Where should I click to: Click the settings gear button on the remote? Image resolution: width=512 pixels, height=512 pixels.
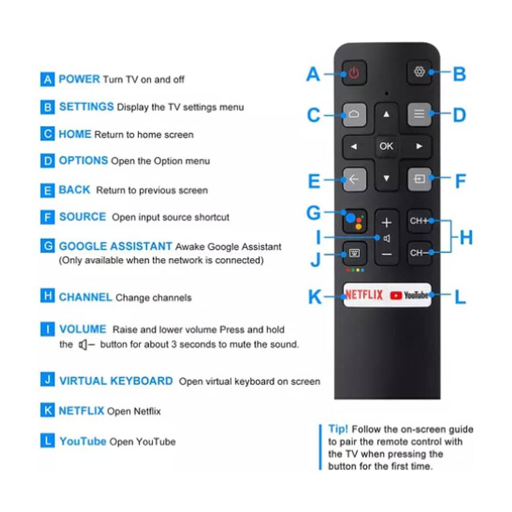(x=419, y=72)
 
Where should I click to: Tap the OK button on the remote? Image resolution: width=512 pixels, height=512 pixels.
(x=386, y=146)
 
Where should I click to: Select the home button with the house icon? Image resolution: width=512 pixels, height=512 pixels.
(x=354, y=115)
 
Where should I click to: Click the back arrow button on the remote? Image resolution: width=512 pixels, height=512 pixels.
(x=354, y=179)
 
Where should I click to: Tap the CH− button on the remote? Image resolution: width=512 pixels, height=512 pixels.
(x=419, y=253)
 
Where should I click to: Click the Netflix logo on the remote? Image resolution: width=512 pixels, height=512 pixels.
(x=364, y=295)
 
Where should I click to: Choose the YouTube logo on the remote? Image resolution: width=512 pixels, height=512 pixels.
(x=409, y=295)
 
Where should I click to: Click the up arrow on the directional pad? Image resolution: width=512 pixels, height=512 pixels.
(x=387, y=115)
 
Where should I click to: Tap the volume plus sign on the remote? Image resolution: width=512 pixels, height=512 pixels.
(x=387, y=223)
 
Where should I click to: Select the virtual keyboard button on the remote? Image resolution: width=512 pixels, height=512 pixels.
(x=354, y=253)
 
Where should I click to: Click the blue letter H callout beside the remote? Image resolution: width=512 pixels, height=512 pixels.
(x=465, y=237)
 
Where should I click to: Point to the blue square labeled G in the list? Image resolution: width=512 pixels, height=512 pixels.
(x=47, y=246)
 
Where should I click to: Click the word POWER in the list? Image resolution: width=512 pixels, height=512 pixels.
(x=79, y=79)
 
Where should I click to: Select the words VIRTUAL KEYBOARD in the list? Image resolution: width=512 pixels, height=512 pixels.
(x=116, y=381)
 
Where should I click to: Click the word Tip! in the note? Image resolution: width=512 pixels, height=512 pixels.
(x=338, y=429)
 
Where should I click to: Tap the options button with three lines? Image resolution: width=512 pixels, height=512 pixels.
(x=419, y=115)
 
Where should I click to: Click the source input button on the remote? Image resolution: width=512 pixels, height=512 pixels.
(x=419, y=179)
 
